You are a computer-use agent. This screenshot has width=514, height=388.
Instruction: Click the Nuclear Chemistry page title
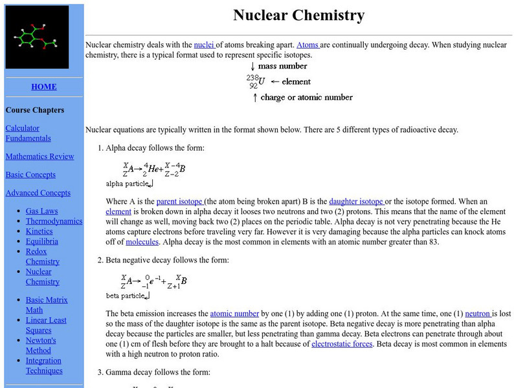tap(298, 15)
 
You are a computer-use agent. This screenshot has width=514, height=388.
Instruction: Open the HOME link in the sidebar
tap(43, 87)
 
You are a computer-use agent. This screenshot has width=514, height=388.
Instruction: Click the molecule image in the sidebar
tap(38, 38)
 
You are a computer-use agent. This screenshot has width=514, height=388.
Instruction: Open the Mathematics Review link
tap(30, 156)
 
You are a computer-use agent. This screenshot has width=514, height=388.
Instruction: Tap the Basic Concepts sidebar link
tap(30, 175)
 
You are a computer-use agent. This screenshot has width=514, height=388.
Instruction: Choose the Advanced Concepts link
tap(38, 193)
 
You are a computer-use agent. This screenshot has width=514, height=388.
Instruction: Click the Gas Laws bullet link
tap(41, 211)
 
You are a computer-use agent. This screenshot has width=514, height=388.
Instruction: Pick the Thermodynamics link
tap(54, 221)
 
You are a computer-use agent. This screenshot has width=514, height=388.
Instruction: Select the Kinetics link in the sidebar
tap(39, 231)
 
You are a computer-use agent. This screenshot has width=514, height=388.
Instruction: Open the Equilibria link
tap(42, 241)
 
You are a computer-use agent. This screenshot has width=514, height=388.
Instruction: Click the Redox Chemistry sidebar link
tap(42, 256)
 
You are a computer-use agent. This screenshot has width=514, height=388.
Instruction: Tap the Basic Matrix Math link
tap(47, 305)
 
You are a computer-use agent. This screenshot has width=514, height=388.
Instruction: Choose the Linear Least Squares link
tap(46, 325)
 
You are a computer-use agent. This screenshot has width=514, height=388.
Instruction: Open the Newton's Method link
tap(41, 345)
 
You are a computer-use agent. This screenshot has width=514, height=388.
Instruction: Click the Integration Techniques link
tap(44, 365)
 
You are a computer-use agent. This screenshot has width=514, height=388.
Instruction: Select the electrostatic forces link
tap(342, 344)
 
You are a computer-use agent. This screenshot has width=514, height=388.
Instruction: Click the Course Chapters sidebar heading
tap(35, 110)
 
